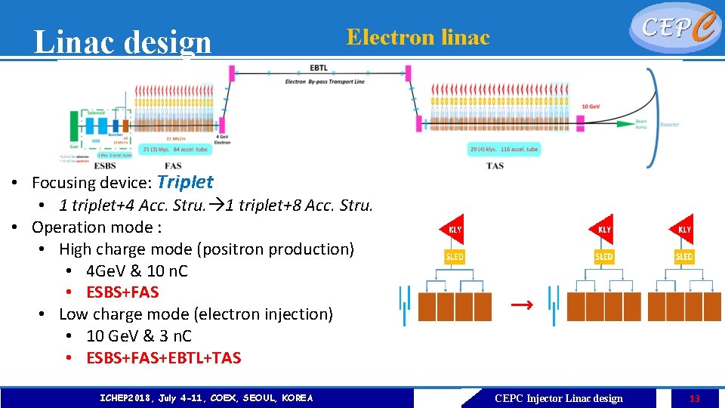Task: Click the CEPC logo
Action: click(x=674, y=27)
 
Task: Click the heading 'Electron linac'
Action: click(x=418, y=37)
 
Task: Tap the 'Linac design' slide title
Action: click(x=123, y=42)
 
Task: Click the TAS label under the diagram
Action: click(x=495, y=165)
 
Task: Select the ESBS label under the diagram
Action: click(x=105, y=165)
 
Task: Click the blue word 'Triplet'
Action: click(x=186, y=182)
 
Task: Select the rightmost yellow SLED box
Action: click(x=684, y=256)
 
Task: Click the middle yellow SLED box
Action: click(x=604, y=256)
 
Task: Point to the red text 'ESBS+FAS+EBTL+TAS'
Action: click(x=164, y=357)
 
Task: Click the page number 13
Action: click(x=695, y=398)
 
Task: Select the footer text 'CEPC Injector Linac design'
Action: click(x=559, y=398)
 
